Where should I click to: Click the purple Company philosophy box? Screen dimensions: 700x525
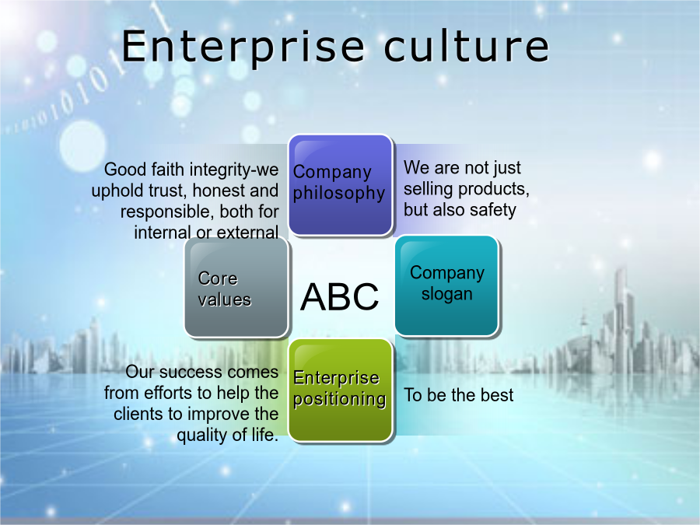pyautogui.click(x=341, y=185)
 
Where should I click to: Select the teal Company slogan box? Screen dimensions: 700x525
pyautogui.click(x=447, y=285)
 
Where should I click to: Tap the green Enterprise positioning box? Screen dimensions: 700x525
pyautogui.click(x=341, y=390)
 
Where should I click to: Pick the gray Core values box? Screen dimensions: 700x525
pyautogui.click(x=236, y=288)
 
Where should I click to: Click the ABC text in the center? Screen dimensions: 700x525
pyautogui.click(x=340, y=296)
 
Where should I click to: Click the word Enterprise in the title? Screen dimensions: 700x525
pyautogui.click(x=243, y=47)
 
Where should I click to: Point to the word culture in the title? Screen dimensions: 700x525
pyautogui.click(x=467, y=46)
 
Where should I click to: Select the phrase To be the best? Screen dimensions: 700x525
pyautogui.click(x=459, y=395)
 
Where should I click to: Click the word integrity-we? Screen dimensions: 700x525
pyautogui.click(x=234, y=170)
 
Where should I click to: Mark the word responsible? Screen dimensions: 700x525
pyautogui.click(x=167, y=212)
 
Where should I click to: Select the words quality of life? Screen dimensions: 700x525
pyautogui.click(x=228, y=435)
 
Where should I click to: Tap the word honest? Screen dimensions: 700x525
pyautogui.click(x=219, y=191)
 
